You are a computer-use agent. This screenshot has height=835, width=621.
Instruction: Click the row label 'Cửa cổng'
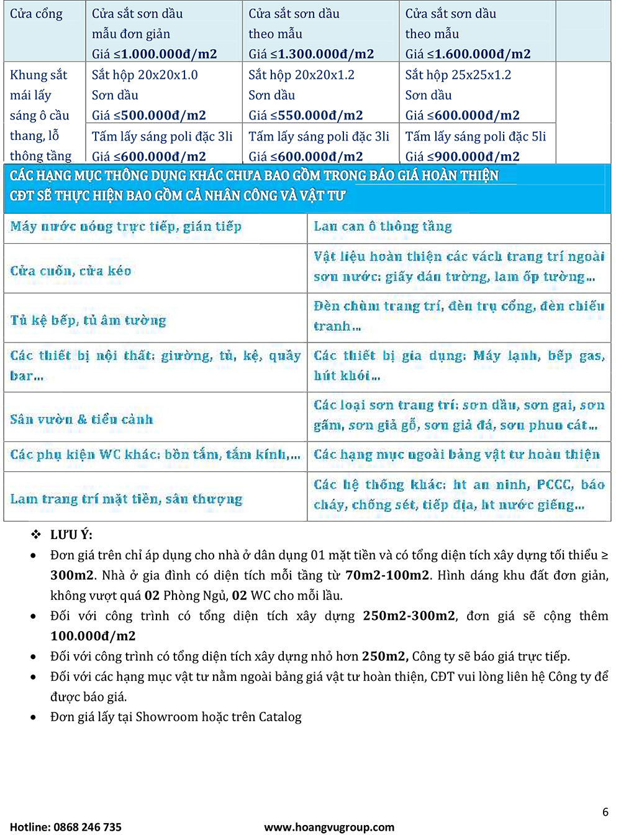[36, 14]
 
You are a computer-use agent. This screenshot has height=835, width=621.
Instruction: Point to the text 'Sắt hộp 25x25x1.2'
[458, 75]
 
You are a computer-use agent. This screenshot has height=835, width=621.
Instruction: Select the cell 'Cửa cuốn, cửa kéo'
[71, 271]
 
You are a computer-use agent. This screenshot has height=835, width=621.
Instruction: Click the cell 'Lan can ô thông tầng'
[383, 227]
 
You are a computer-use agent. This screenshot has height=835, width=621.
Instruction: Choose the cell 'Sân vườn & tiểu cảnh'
[81, 420]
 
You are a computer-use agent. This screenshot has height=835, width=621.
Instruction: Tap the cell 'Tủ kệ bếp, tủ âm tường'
[88, 321]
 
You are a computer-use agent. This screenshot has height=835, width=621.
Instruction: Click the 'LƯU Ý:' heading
[71, 535]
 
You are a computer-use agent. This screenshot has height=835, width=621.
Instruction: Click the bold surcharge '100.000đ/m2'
[93, 636]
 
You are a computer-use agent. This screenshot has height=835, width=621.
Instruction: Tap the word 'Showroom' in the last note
[164, 717]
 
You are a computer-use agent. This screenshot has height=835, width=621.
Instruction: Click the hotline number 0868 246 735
[88, 827]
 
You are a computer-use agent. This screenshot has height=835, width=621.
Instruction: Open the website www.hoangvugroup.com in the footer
[329, 827]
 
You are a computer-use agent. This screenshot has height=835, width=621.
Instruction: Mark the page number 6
[605, 812]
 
